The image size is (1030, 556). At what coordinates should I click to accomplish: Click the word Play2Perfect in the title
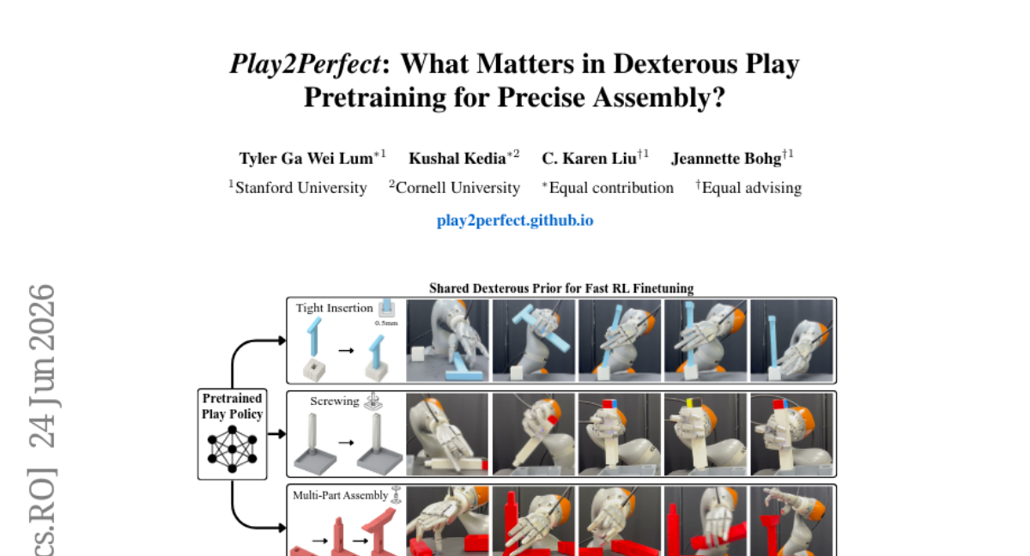[306, 64]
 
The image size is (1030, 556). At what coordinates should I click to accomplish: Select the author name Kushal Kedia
[457, 159]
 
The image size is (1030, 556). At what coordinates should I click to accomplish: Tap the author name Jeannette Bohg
[726, 159]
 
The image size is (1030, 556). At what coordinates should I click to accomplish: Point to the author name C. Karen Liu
[589, 159]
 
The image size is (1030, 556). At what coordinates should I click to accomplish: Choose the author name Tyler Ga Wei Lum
[306, 159]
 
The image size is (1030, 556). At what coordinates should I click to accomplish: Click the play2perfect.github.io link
[515, 221]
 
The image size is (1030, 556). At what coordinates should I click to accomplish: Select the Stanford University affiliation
[300, 188]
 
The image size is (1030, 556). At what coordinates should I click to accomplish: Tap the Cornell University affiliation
[457, 188]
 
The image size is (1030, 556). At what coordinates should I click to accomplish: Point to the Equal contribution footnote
[611, 188]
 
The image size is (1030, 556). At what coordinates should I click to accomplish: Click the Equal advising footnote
[752, 188]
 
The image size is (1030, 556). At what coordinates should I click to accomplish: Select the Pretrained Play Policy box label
[233, 406]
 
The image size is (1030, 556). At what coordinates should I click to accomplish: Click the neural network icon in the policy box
[233, 449]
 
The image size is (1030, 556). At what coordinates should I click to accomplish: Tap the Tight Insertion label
[334, 308]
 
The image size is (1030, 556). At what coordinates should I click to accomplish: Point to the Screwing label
[334, 402]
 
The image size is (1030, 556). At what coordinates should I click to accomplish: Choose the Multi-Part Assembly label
[340, 495]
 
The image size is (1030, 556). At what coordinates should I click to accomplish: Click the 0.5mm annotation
[386, 323]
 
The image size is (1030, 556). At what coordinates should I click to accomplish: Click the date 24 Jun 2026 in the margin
[42, 366]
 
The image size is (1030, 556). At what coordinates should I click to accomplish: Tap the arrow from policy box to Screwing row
[276, 434]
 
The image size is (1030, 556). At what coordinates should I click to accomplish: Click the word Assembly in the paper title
[658, 98]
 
